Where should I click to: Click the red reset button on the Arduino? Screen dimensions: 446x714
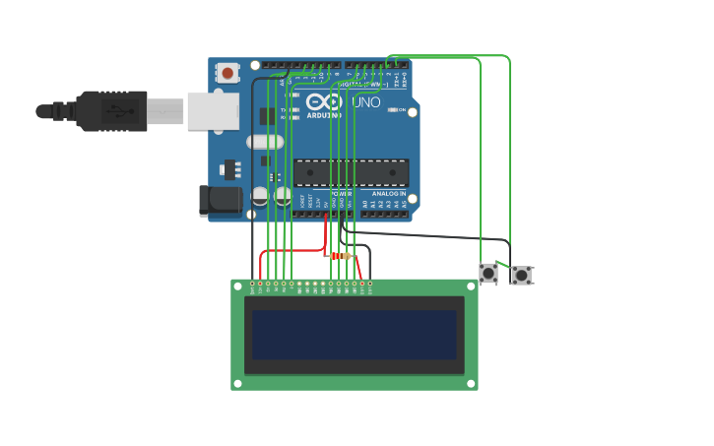click(228, 72)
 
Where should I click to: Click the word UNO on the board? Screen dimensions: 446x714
click(366, 101)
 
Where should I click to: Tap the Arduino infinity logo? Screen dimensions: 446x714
click(323, 101)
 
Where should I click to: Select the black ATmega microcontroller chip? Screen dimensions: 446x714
click(352, 173)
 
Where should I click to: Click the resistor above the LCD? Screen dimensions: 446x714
click(340, 256)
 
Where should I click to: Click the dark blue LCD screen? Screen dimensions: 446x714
click(355, 335)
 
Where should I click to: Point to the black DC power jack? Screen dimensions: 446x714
click(220, 200)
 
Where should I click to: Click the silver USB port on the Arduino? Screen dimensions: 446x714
click(213, 111)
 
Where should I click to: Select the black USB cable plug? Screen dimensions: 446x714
click(113, 111)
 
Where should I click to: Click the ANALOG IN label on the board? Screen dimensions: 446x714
click(389, 194)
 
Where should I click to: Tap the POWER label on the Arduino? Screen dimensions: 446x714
click(341, 194)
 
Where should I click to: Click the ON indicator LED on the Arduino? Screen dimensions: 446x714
click(393, 109)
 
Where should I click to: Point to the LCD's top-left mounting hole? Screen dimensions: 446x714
click(237, 287)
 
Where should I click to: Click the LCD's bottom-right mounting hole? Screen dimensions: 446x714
click(472, 383)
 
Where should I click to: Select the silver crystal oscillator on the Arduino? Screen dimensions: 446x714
click(265, 142)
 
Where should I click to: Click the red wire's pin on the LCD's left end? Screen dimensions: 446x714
click(260, 284)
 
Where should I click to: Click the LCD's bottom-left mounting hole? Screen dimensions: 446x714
click(237, 383)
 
